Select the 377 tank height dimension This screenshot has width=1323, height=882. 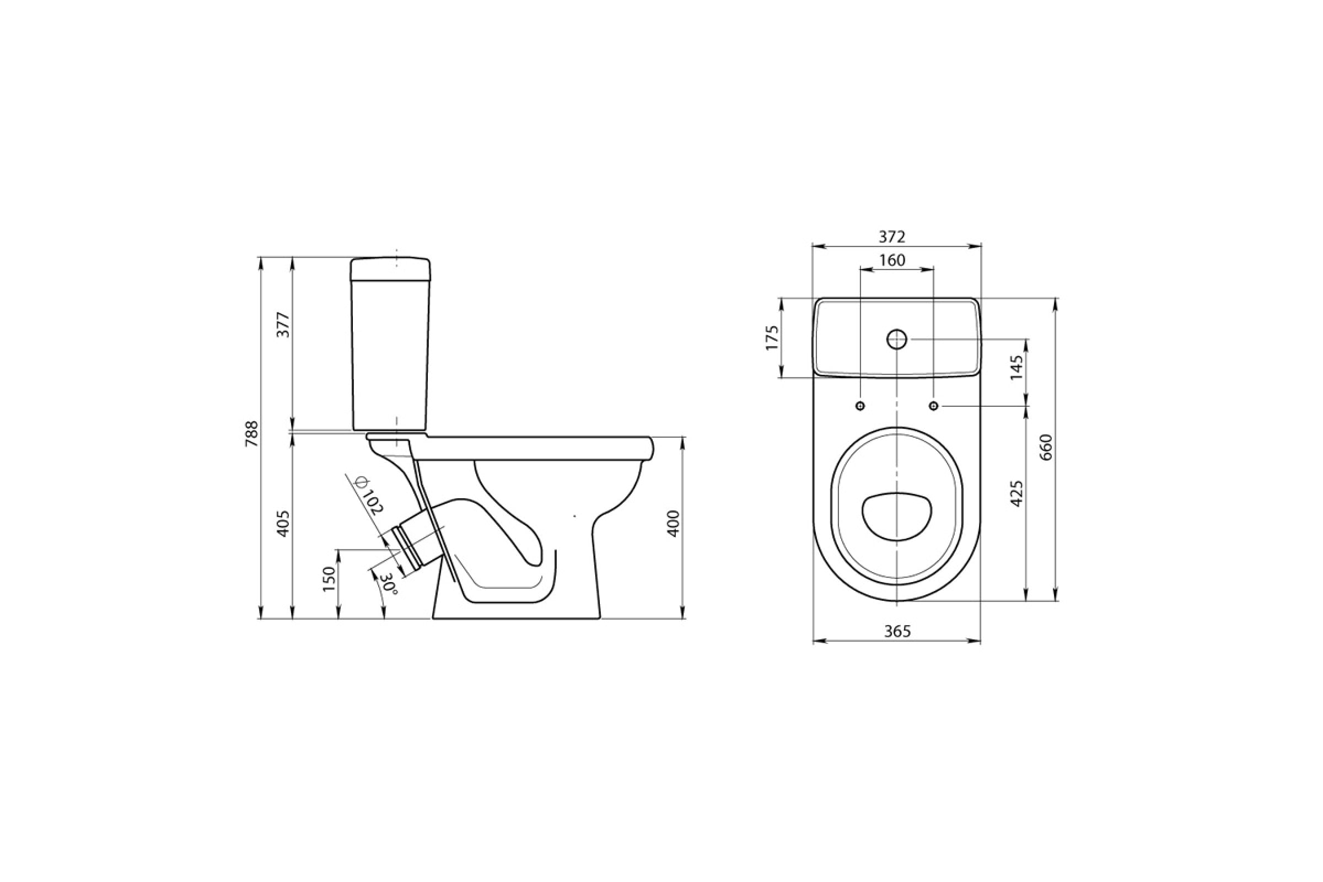(x=284, y=325)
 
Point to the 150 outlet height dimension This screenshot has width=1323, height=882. (x=329, y=578)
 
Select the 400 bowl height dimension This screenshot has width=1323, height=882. (x=673, y=524)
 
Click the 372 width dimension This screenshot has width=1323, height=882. (x=892, y=237)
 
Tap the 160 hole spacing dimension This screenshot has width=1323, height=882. (x=892, y=260)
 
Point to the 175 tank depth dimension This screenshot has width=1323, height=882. (x=772, y=337)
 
